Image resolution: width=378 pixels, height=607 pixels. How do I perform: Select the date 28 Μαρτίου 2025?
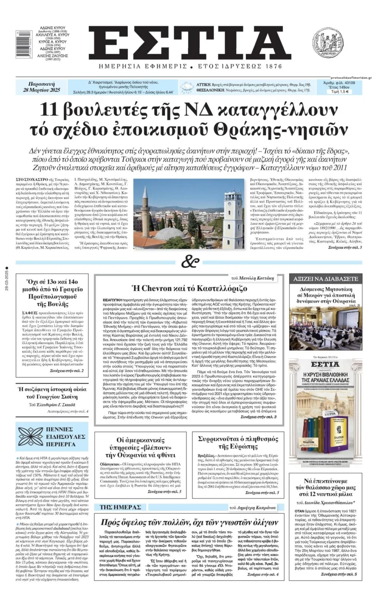41,90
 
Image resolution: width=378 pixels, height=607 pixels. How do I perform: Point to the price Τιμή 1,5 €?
340,92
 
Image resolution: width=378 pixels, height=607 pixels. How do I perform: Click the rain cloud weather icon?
187,87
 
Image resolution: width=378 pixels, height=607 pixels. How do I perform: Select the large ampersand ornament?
189,262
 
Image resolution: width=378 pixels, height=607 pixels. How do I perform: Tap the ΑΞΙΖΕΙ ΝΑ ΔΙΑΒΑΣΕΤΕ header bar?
325,279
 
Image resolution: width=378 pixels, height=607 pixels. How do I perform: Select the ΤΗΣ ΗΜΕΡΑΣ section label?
120,507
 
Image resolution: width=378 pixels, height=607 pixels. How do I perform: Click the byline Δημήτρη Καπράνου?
258,507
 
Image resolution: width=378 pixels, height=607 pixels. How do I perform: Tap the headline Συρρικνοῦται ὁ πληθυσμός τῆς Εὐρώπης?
238,442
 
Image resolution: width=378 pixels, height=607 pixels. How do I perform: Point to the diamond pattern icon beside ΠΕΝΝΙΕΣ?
30,436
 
